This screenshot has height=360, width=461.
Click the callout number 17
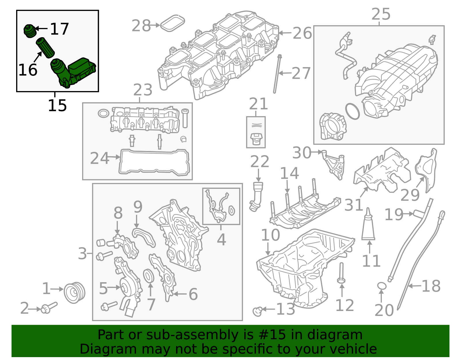(60, 29)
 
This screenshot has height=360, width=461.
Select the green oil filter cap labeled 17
(29, 31)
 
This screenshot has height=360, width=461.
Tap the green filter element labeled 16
(45, 47)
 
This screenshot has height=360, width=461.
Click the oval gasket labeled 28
(172, 23)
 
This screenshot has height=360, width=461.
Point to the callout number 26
(302, 33)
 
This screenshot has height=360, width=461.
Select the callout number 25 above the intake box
(381, 14)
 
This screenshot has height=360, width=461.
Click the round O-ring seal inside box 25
(352, 111)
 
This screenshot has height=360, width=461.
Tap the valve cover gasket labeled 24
(154, 162)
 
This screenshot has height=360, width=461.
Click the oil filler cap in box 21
(256, 139)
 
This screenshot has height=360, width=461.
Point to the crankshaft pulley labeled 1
(74, 293)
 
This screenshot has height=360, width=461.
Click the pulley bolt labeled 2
(49, 308)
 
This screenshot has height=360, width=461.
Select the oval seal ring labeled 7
(149, 276)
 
